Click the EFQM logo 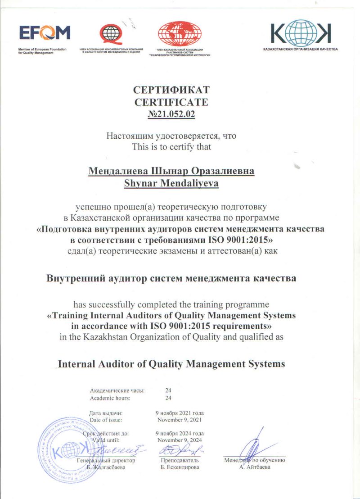(x=45, y=33)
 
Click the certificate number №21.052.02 (x=171, y=114)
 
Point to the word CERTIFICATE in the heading (x=171, y=102)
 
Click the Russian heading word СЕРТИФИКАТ (x=171, y=90)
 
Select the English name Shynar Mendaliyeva (x=171, y=182)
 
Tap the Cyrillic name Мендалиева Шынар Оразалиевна (x=171, y=171)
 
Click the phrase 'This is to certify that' (x=171, y=146)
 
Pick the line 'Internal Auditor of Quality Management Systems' (x=172, y=364)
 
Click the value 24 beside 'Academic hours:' (x=168, y=398)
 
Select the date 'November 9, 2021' (x=180, y=420)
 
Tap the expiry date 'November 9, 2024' (x=180, y=440)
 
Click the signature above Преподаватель (x=180, y=450)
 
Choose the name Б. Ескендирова (x=180, y=467)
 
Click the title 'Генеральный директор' (x=106, y=461)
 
